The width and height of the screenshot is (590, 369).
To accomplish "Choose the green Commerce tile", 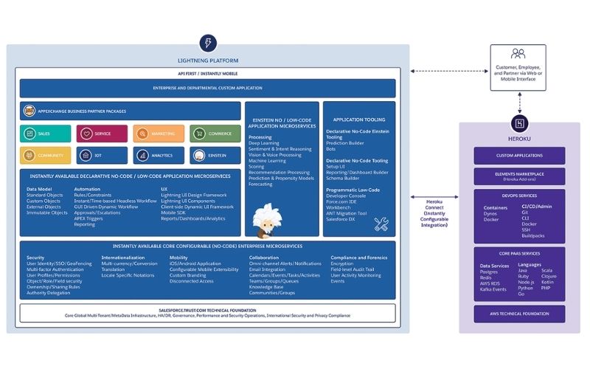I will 215,134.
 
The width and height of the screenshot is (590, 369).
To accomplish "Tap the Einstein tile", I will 215,156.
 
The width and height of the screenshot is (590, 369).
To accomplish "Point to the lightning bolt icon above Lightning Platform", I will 208,43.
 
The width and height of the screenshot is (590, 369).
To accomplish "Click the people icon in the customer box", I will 518,54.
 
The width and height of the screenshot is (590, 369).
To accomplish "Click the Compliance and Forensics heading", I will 359,258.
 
